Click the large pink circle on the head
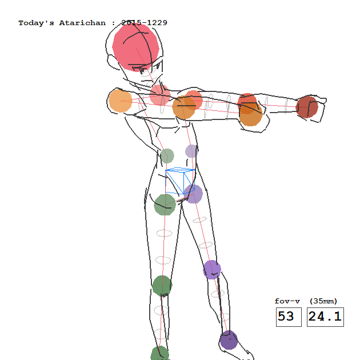[x=135, y=47]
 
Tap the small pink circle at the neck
[x=160, y=95]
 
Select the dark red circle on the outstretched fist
[x=307, y=107]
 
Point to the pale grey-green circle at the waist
[x=167, y=156]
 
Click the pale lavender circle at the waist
[x=191, y=151]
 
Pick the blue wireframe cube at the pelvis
[x=180, y=181]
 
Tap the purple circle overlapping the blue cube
[x=193, y=194]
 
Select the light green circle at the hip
[x=165, y=205]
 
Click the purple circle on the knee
[x=212, y=270]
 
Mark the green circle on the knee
[x=162, y=286]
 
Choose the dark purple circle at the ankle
[x=229, y=340]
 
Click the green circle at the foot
[x=160, y=354]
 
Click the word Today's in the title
[x=36, y=23]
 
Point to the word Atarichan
[x=82, y=23]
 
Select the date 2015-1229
[x=144, y=23]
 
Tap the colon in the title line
[x=113, y=23]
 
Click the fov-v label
[x=287, y=301]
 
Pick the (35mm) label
[x=323, y=301]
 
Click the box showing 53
[x=289, y=317]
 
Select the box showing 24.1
[x=325, y=317]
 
